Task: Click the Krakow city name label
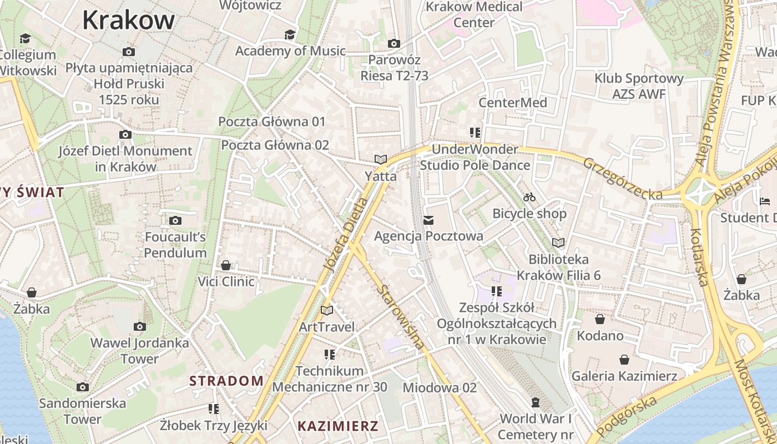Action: coord(129,21)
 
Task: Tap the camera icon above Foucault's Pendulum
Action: coord(175,221)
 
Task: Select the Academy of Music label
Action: coord(290,51)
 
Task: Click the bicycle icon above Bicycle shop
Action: coord(529,197)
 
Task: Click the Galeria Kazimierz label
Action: coord(624,376)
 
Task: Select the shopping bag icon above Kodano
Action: coord(600,319)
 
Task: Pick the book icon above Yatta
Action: coord(380,160)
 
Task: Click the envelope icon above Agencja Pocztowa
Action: coord(428,220)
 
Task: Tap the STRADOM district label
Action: coord(226,381)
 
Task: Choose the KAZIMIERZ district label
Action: coord(338,426)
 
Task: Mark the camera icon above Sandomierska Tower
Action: coord(83,387)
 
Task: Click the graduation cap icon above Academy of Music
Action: coord(290,35)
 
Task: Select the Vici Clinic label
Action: coord(226,281)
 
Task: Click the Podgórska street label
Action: coord(629,412)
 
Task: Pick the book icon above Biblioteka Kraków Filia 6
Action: coord(558,243)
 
